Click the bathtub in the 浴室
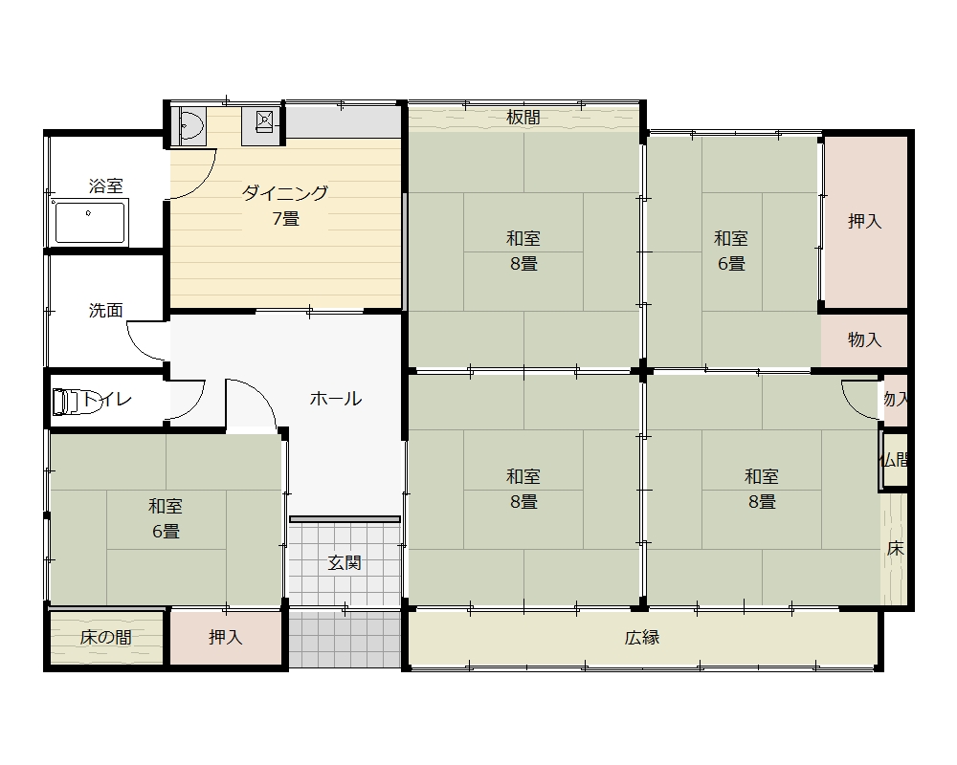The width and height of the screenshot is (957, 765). (x=89, y=222)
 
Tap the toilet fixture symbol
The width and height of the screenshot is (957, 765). (x=75, y=402)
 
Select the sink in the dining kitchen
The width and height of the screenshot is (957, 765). (x=189, y=125)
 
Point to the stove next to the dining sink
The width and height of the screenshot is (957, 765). (x=263, y=125)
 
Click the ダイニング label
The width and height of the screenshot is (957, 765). (x=285, y=193)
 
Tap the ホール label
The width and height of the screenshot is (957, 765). (x=336, y=399)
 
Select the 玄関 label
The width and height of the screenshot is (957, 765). (x=345, y=562)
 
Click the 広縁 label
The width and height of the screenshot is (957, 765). (x=642, y=638)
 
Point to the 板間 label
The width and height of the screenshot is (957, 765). (x=523, y=117)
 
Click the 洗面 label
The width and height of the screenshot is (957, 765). (x=106, y=311)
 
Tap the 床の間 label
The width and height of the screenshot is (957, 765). (x=106, y=638)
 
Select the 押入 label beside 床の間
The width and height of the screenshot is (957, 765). (x=226, y=638)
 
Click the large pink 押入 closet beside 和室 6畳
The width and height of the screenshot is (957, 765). (x=865, y=222)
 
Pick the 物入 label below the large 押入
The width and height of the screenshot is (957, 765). (x=865, y=339)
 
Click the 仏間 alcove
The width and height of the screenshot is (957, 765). (x=895, y=460)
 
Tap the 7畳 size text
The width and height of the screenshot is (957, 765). (x=285, y=218)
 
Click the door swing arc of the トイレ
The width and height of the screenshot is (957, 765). (x=193, y=405)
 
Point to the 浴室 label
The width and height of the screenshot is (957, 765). (x=106, y=186)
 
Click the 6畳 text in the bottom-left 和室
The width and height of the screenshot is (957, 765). (x=166, y=532)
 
